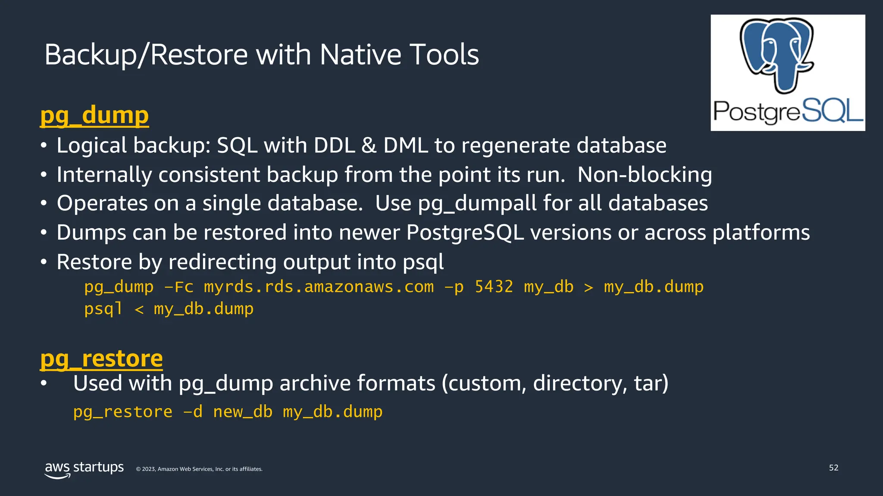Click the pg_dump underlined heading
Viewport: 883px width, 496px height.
coord(94,115)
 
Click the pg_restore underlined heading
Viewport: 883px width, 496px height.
coord(101,359)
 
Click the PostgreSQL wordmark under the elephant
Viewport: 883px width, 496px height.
coord(788,111)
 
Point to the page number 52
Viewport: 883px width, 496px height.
coord(833,468)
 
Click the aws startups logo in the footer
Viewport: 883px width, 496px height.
coord(84,469)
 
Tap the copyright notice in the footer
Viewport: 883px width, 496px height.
coord(199,469)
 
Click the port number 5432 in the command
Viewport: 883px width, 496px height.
coord(494,287)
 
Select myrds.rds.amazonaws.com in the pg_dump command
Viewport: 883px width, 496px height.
coord(319,287)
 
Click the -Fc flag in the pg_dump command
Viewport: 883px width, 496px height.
coord(178,287)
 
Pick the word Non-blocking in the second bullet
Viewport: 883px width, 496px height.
coord(645,175)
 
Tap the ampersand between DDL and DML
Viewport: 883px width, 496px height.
coord(369,146)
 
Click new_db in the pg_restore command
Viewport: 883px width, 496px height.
coord(243,412)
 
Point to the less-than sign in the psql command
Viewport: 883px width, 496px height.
coord(139,309)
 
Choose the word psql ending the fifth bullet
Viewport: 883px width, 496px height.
coord(423,262)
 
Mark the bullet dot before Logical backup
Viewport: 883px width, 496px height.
coord(44,146)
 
